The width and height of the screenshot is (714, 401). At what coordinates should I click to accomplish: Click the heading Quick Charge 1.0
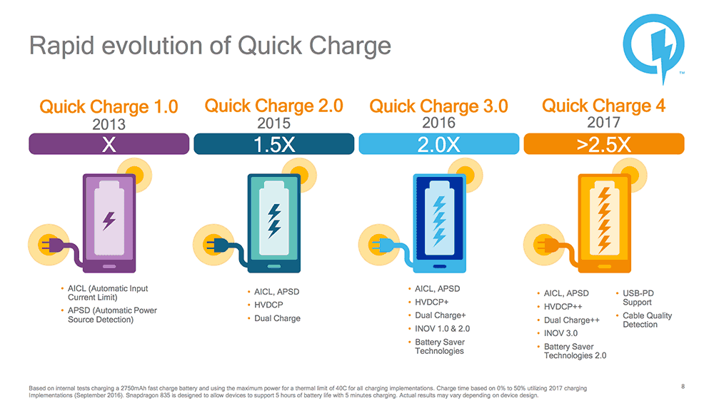[109, 106]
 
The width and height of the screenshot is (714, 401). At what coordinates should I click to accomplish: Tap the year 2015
[273, 123]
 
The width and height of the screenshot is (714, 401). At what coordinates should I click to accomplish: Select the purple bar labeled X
[109, 144]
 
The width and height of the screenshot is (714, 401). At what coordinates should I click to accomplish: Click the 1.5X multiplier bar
[273, 144]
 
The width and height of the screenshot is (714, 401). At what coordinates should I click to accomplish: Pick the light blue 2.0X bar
[439, 144]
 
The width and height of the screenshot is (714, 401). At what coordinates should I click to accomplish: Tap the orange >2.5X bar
[604, 144]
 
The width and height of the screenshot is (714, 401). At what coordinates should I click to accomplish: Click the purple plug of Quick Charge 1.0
[51, 245]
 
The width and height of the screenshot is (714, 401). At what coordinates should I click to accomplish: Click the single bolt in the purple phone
[109, 220]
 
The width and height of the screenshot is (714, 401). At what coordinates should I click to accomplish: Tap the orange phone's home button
[604, 266]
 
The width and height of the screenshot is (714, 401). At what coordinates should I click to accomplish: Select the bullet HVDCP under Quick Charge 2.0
[268, 305]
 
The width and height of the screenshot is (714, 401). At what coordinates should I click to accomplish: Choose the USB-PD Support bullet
[638, 298]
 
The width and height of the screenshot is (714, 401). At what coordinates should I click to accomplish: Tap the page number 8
[683, 387]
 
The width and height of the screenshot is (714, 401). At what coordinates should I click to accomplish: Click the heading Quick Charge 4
[604, 106]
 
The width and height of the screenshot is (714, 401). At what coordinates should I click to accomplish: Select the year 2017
[604, 122]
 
